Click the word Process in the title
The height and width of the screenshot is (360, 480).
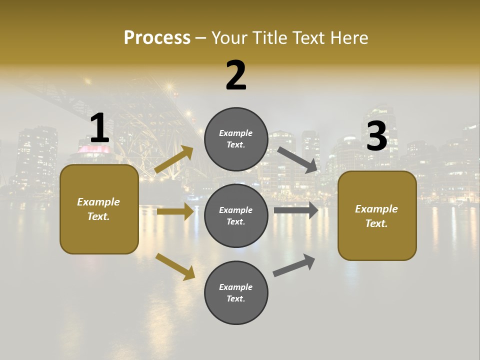[157, 37]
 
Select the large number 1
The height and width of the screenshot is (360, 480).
[99, 128]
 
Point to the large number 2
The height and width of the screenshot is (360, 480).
[236, 75]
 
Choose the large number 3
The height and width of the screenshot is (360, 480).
[376, 136]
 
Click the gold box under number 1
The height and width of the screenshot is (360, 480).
[99, 209]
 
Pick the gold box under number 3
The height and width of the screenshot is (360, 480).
[377, 216]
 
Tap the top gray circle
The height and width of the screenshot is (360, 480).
[236, 139]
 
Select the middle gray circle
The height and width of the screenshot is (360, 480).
[236, 215]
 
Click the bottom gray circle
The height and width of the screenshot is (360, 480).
[236, 292]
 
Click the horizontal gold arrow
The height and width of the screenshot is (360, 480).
[175, 212]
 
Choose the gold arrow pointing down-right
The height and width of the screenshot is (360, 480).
[175, 266]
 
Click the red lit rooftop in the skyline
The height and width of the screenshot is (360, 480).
[93, 149]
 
